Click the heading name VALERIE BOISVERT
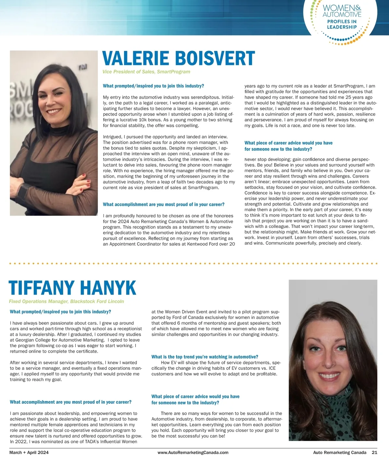179,58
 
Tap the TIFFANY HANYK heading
72,288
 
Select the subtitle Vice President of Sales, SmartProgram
146,72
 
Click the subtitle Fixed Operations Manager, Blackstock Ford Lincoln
66,301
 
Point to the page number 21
374,452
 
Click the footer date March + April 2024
29,452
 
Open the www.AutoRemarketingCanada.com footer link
193,452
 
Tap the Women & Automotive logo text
342,11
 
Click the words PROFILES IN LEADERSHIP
342,24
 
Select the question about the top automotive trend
205,357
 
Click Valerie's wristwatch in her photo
22,192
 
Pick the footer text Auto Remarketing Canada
339,452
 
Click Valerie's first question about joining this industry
153,86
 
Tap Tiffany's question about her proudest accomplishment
71,402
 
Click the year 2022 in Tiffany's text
21,442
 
